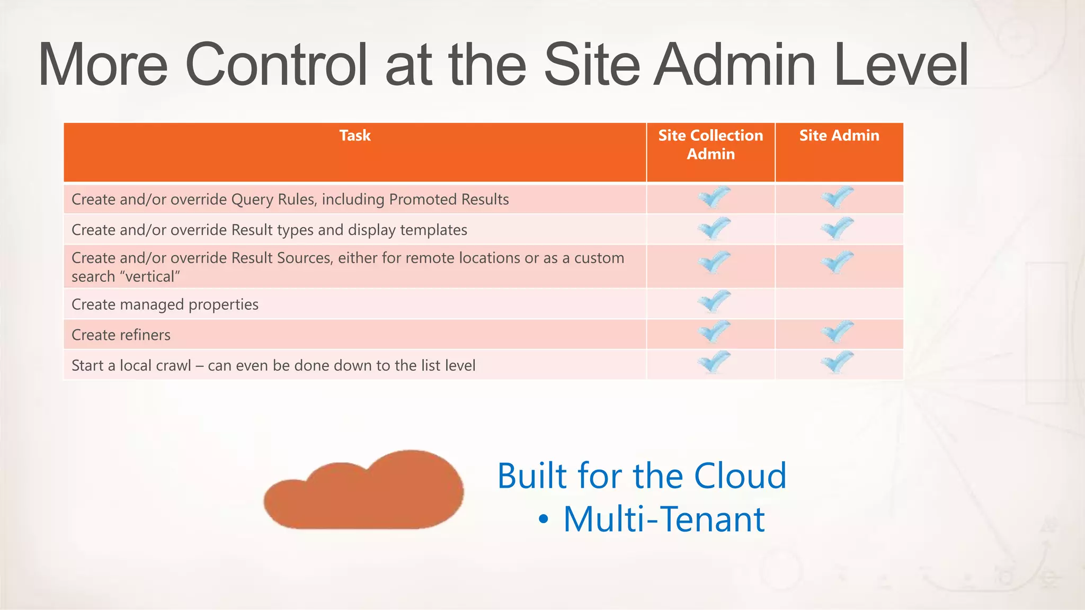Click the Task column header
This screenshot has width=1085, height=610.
354,136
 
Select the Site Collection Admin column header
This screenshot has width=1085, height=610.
710,145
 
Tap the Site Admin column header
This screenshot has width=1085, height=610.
839,136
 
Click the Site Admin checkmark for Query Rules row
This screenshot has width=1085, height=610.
838,198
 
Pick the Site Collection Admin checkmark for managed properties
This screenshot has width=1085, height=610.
714,302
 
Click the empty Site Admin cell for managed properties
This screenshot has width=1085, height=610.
839,304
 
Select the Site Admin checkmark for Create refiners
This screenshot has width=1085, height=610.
838,332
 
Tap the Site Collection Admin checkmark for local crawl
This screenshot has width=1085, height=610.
714,363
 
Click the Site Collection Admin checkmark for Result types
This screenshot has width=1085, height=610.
714,228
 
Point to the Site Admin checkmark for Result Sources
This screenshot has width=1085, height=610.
838,262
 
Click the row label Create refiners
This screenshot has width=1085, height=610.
121,335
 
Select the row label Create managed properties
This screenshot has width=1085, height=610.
165,304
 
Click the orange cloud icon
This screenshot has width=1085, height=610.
364,492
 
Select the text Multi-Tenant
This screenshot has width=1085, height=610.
663,519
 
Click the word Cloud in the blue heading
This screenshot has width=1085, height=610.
740,476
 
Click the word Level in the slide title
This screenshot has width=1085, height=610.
901,65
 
